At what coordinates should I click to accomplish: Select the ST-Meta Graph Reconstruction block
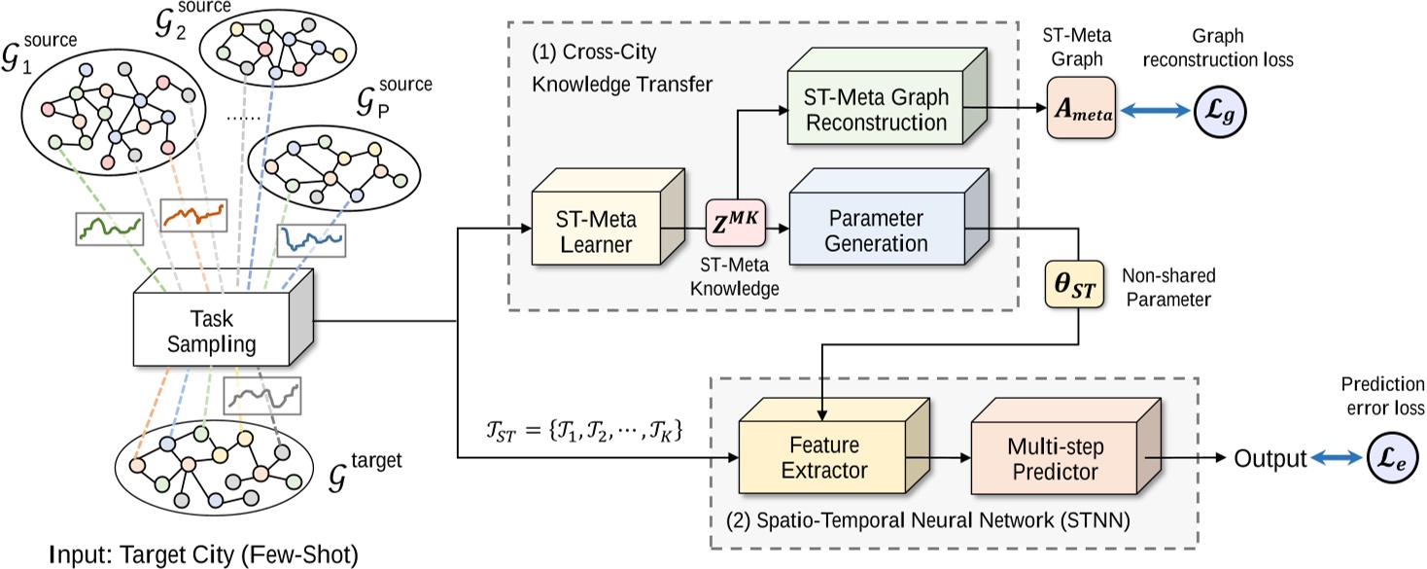(x=875, y=110)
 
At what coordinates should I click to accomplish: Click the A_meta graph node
(x=1080, y=110)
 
